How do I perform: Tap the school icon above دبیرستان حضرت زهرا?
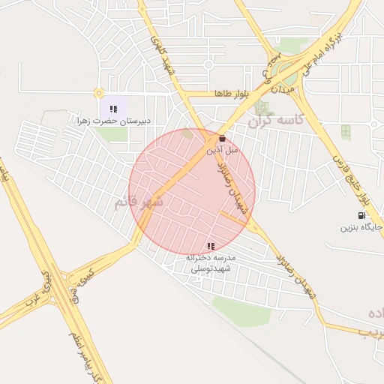(x=113, y=109)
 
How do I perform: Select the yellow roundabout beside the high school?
(x=98, y=94)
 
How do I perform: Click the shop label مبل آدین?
(x=222, y=150)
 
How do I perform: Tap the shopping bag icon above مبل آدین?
(x=222, y=139)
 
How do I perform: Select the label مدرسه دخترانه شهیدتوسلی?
(x=211, y=262)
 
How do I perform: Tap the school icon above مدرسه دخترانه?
(x=211, y=245)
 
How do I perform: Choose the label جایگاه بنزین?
(x=358, y=226)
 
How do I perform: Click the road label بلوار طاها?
(x=230, y=94)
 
